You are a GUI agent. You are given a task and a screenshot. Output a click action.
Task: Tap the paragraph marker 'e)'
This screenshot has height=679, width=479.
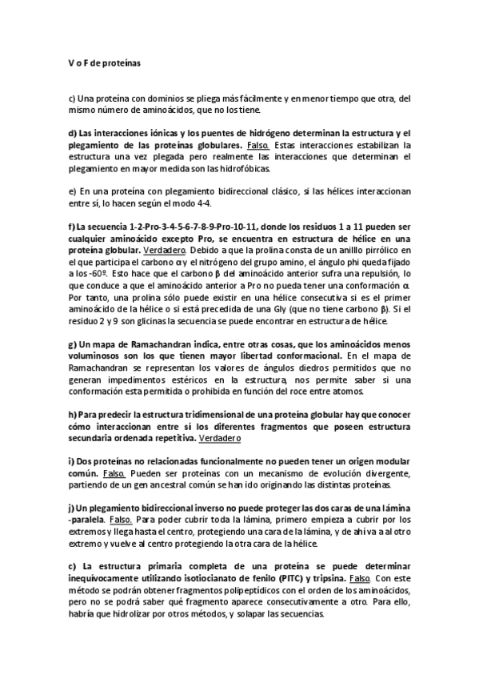71,191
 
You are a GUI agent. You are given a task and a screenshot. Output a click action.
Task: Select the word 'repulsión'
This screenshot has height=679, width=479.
373,271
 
